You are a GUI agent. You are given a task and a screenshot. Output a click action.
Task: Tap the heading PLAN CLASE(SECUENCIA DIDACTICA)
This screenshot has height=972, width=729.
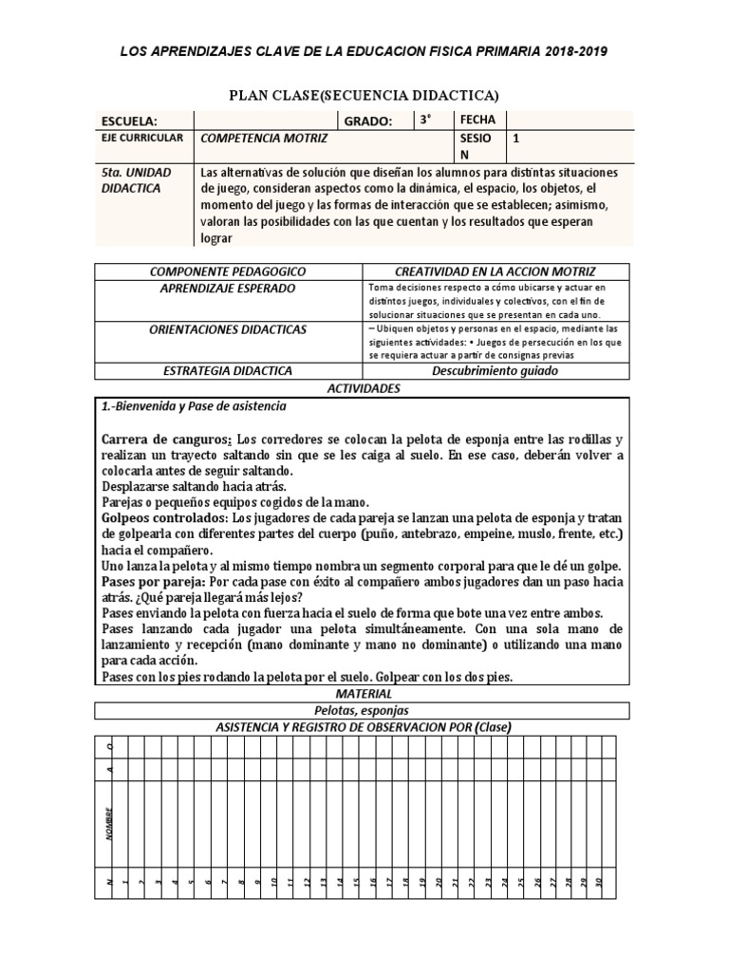(364, 95)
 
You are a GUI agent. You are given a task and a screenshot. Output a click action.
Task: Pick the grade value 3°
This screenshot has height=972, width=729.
(426, 120)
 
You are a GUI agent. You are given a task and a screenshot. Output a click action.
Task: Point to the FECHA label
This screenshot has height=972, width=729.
(477, 120)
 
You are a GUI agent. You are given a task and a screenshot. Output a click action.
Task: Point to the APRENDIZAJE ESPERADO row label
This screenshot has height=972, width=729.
(229, 288)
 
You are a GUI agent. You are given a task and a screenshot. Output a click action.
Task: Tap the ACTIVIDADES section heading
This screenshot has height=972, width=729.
(364, 388)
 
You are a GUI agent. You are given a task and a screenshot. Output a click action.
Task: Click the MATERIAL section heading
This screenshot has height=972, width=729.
(364, 695)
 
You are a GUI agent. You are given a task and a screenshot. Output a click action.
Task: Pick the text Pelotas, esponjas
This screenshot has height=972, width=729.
(364, 711)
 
